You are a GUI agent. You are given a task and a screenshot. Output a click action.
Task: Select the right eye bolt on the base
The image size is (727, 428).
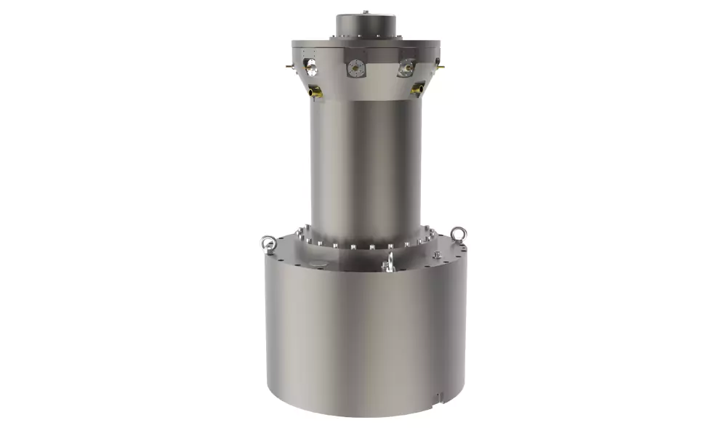pos(458,234)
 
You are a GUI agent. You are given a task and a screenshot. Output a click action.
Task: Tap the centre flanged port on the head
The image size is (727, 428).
pos(356,68)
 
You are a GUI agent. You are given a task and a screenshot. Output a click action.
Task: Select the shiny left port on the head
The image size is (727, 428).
pos(311,68)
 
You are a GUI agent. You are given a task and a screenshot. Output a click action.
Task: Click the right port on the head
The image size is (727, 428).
pos(406,68)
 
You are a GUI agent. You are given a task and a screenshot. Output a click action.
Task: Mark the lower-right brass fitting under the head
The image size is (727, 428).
pos(417,89)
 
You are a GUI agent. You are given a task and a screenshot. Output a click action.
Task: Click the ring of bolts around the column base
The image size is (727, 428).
pos(363,243)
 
